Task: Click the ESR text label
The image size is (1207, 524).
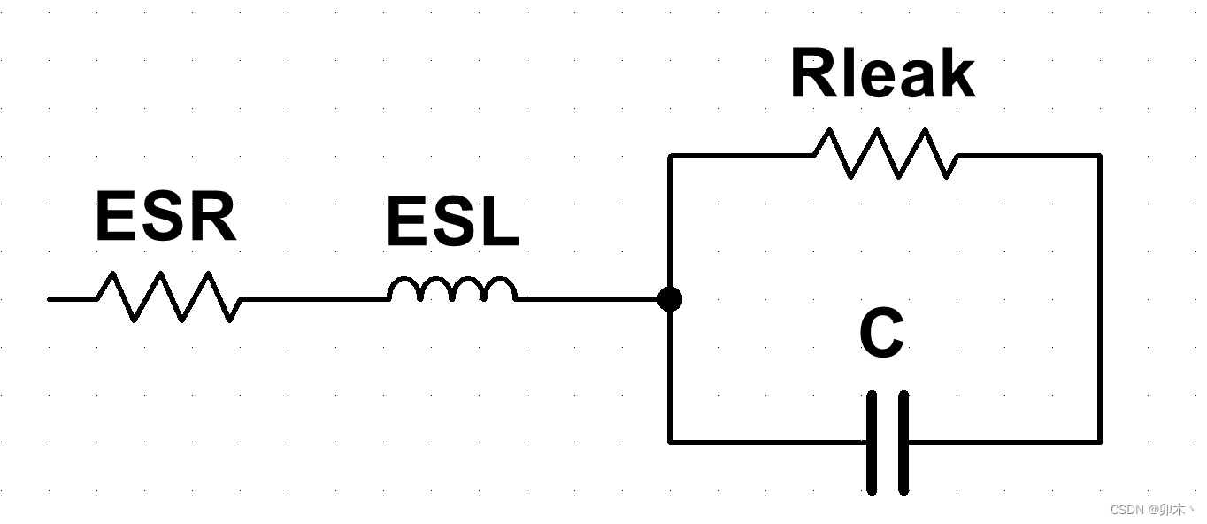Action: (x=165, y=218)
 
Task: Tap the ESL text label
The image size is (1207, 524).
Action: (x=452, y=222)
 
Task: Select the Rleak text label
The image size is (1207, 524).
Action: (x=882, y=75)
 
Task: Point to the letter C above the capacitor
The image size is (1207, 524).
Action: (x=881, y=335)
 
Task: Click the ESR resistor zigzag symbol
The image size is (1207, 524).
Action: (x=168, y=297)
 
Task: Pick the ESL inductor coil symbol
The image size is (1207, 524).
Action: (x=452, y=290)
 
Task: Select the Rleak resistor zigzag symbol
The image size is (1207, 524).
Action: (x=885, y=153)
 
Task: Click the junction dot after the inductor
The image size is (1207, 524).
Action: (x=670, y=299)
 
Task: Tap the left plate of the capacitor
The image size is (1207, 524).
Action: (x=873, y=442)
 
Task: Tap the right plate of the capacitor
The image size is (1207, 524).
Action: (x=903, y=442)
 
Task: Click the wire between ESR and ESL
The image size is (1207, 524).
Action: (x=314, y=299)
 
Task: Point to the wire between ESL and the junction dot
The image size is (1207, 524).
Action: (x=588, y=299)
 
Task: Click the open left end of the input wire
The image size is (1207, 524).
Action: (x=50, y=299)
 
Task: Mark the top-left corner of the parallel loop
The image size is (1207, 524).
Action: (x=670, y=156)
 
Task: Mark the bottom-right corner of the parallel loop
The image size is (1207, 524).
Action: (x=1100, y=441)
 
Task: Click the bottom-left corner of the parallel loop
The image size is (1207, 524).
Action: (x=670, y=441)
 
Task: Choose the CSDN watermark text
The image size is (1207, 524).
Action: (x=1151, y=510)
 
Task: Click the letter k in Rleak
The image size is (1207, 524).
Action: (x=959, y=75)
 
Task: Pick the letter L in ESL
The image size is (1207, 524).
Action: (x=498, y=222)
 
